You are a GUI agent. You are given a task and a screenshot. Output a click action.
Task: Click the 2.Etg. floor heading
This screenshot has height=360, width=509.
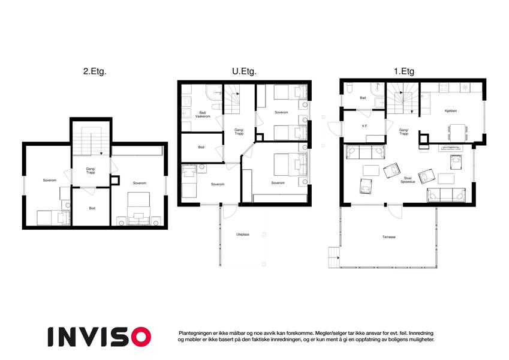[x=95, y=71]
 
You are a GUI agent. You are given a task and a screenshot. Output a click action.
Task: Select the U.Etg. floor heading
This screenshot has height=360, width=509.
[x=244, y=71]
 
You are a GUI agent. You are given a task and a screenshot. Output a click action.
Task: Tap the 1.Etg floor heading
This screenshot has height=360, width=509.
[x=404, y=71]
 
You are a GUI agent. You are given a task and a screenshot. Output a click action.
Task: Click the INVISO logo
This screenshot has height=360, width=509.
[x=100, y=337]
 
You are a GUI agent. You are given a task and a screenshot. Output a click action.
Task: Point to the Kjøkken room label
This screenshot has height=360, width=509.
[x=451, y=111]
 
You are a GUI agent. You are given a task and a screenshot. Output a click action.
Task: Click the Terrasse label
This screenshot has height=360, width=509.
[x=389, y=237]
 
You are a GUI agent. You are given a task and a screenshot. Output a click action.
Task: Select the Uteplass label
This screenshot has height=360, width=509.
[x=243, y=234]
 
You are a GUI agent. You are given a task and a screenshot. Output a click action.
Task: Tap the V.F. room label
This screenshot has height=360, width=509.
[x=365, y=126]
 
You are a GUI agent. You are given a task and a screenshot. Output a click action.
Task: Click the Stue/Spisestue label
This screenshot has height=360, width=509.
[x=408, y=180]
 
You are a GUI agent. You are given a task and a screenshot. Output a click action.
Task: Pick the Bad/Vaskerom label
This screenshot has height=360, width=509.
[x=203, y=115]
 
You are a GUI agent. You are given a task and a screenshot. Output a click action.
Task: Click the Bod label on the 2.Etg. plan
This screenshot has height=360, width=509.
[x=92, y=208]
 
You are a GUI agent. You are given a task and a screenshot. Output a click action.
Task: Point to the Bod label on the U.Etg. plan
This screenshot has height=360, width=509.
[x=201, y=147]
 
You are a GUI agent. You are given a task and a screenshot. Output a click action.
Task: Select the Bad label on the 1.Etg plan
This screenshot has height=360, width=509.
[x=363, y=98]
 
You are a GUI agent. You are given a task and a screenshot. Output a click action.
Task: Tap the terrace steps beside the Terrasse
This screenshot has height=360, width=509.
[x=334, y=257]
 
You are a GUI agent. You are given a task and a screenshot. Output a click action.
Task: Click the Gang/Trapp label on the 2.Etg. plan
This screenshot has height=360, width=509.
[x=91, y=170]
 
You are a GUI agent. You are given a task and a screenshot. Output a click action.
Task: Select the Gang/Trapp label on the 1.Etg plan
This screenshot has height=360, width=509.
[x=404, y=131]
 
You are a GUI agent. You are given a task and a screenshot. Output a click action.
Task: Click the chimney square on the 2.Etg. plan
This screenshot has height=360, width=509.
[x=115, y=180]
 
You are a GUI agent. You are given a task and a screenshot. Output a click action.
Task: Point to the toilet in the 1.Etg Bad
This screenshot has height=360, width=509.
[x=350, y=89]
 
